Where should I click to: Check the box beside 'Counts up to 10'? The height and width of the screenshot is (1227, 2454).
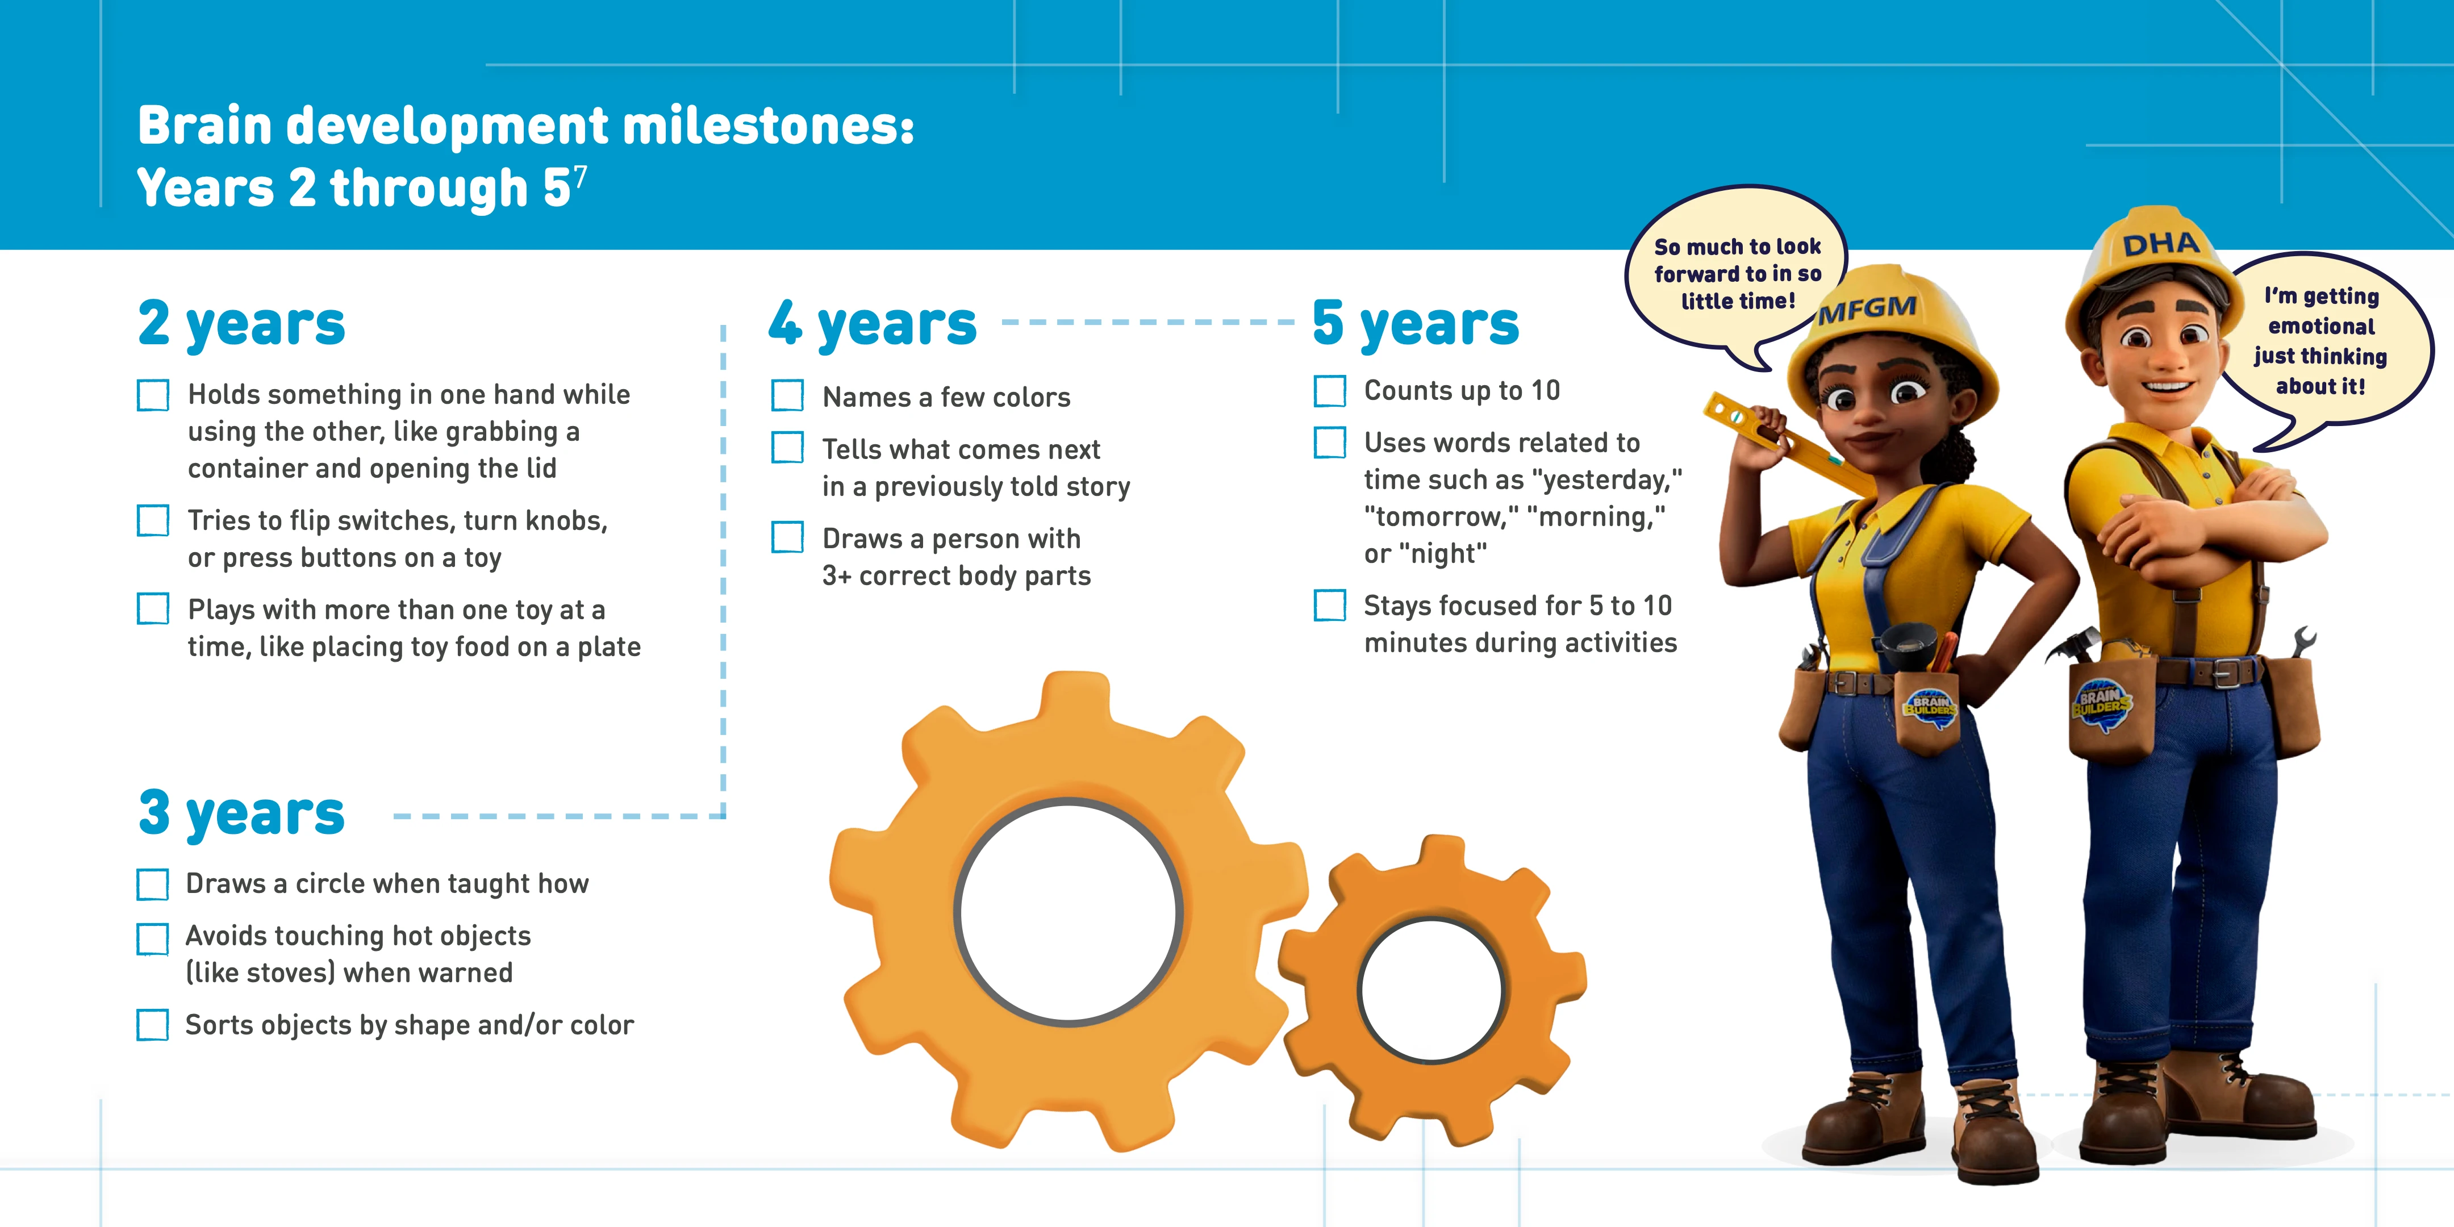pyautogui.click(x=1330, y=391)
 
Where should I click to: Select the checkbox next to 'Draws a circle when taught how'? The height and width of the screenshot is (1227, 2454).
pyautogui.click(x=152, y=884)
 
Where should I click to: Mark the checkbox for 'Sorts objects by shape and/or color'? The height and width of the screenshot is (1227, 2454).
pyautogui.click(x=152, y=1025)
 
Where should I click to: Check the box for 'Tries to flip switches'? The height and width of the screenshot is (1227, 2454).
pyautogui.click(x=152, y=520)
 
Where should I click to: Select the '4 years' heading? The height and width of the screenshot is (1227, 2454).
pyautogui.click(x=873, y=325)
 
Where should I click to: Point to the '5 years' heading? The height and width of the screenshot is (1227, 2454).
pyautogui.click(x=1416, y=325)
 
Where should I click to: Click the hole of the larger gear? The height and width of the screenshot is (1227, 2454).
pyautogui.click(x=1069, y=912)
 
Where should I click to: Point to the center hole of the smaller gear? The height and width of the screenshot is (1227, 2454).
pyautogui.click(x=1432, y=991)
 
